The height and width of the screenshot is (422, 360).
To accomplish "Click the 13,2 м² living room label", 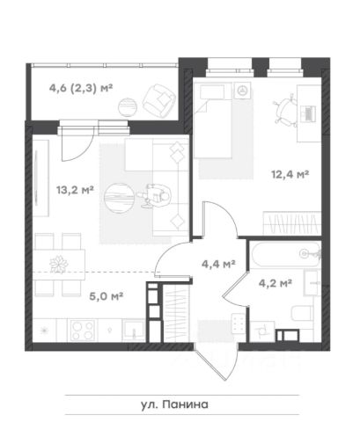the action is click(x=75, y=190).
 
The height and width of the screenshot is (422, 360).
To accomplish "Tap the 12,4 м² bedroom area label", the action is click(x=290, y=175).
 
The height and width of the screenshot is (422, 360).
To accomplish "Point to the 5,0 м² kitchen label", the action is click(x=106, y=296).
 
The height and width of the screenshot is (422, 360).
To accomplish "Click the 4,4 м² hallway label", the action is click(x=218, y=264).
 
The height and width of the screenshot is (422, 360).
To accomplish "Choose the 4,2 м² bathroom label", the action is click(x=275, y=283).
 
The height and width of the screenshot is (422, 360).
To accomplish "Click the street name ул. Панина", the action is click(x=174, y=404).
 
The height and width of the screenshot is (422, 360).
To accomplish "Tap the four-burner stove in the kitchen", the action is click(x=83, y=330).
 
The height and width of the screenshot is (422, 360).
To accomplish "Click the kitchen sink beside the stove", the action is click(x=134, y=331).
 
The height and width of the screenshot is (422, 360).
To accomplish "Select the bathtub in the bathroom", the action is click(x=285, y=254).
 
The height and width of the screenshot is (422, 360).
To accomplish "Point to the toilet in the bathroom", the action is click(x=302, y=314).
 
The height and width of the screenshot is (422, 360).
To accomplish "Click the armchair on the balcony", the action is click(x=159, y=99).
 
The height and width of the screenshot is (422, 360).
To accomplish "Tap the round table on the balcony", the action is click(x=128, y=107).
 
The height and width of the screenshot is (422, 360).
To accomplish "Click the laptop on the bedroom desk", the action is click(x=309, y=113).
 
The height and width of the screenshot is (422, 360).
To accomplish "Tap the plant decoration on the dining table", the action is click(x=59, y=265).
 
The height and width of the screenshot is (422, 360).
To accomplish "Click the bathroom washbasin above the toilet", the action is click(x=312, y=283).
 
